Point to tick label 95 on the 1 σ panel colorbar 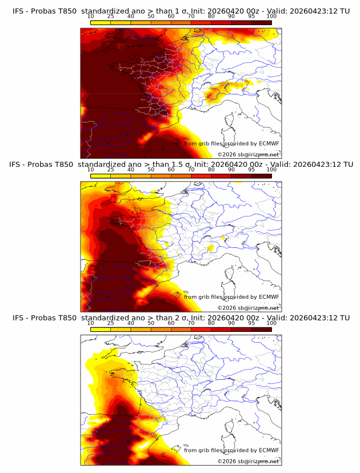[251, 17]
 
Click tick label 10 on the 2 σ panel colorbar [90, 323]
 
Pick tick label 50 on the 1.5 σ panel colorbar [151, 170]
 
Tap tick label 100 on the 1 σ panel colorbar [271, 17]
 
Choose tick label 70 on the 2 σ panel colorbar [191, 323]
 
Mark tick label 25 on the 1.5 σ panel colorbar [111, 170]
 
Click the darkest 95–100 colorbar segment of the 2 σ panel [262, 329]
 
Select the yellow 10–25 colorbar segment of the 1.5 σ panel [101, 176]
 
